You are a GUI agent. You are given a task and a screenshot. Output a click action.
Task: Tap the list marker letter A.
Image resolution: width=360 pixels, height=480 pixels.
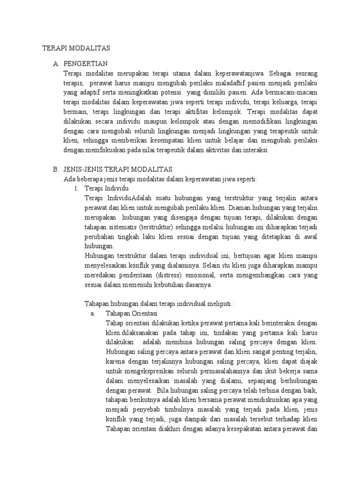[55, 64]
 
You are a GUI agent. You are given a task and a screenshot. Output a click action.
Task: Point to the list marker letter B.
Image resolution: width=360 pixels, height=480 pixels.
[55, 169]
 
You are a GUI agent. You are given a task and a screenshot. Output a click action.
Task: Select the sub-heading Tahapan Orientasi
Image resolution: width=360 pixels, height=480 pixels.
[132, 313]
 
